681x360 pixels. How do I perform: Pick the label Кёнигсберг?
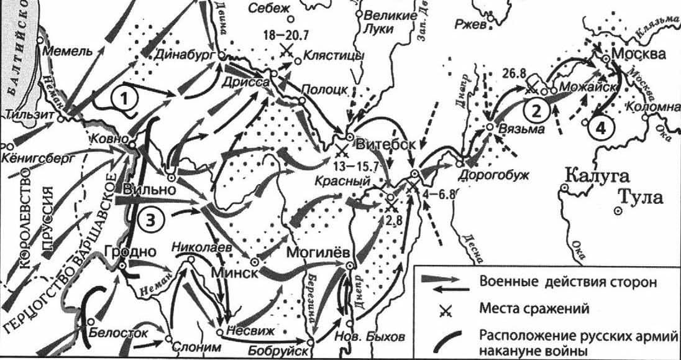pos(41,159)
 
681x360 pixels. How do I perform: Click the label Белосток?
pos(121,333)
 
